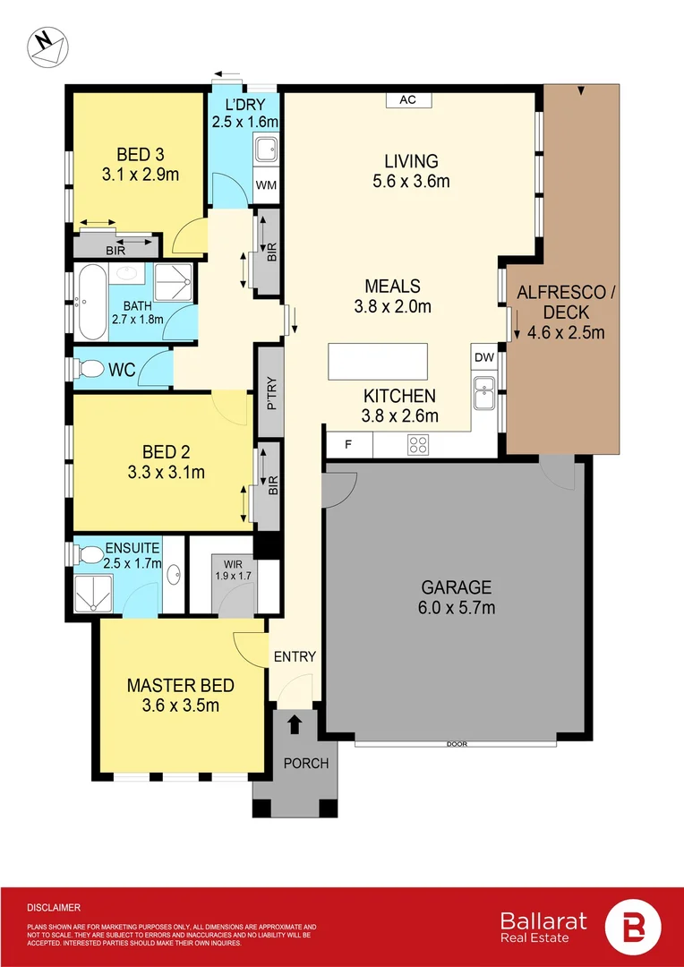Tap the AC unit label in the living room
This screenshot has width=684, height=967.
coord(407,99)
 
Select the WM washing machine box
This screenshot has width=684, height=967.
coord(265,185)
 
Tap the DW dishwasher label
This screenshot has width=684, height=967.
coord(483,357)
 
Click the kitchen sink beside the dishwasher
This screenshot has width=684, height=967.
coord(484,392)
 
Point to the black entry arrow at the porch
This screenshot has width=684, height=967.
coord(295,723)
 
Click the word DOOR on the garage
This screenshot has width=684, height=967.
coord(457,744)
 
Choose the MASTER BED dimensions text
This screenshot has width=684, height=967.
coord(181,705)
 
